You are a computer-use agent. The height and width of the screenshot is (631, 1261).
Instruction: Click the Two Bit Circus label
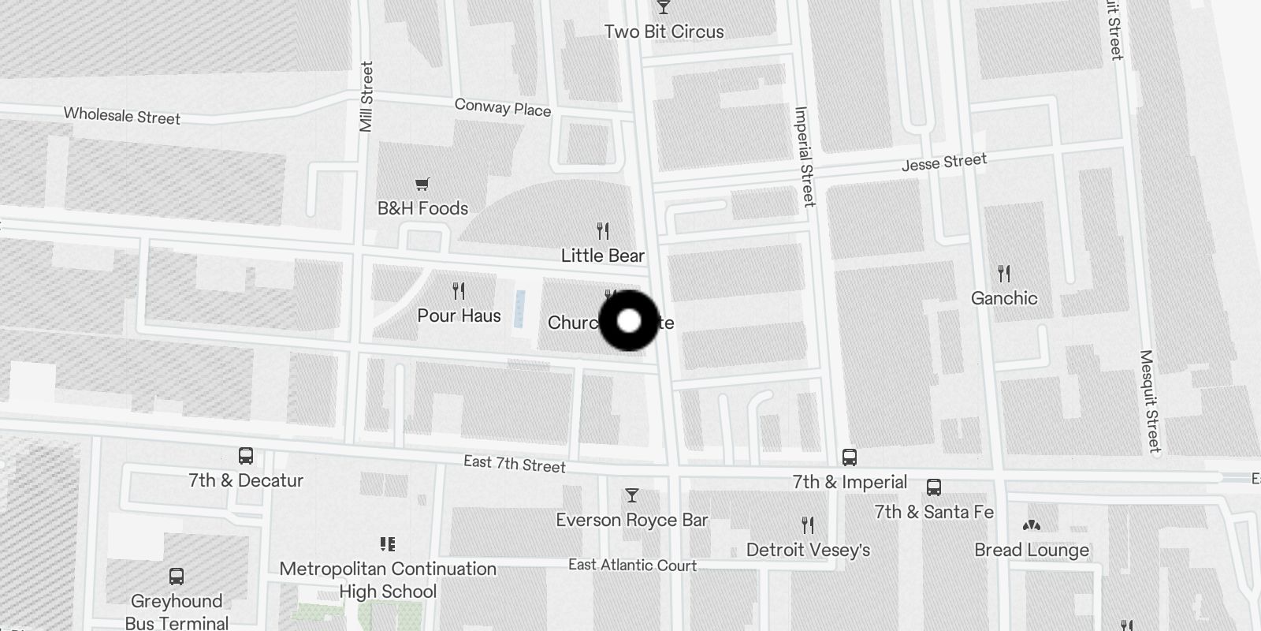pyautogui.click(x=664, y=32)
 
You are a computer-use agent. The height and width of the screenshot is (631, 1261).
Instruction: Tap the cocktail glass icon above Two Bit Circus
pyautogui.click(x=664, y=7)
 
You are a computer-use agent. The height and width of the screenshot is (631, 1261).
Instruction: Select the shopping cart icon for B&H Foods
pyautogui.click(x=422, y=185)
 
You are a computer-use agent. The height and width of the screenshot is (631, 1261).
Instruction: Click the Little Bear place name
pyautogui.click(x=603, y=256)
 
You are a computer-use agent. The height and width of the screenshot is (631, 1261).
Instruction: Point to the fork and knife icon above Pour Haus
pyautogui.click(x=459, y=291)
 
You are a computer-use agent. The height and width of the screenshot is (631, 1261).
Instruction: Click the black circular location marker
pyautogui.click(x=629, y=321)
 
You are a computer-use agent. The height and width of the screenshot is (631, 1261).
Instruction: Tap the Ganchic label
pyautogui.click(x=1004, y=298)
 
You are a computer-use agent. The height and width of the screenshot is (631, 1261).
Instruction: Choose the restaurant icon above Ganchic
pyautogui.click(x=1004, y=274)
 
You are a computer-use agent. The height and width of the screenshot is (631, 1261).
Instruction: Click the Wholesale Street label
pyautogui.click(x=122, y=116)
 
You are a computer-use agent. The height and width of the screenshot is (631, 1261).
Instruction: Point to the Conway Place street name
pyautogui.click(x=503, y=107)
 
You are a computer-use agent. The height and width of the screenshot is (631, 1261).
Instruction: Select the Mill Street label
pyautogui.click(x=366, y=97)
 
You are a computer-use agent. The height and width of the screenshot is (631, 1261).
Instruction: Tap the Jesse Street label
pyautogui.click(x=944, y=162)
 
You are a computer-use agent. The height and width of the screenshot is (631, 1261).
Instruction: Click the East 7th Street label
pyautogui.click(x=515, y=464)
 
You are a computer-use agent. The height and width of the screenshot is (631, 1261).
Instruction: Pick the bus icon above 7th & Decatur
pyautogui.click(x=246, y=456)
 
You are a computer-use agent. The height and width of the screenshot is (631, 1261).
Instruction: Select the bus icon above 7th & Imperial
pyautogui.click(x=850, y=457)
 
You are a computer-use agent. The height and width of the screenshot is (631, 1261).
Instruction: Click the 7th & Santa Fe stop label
pyautogui.click(x=934, y=512)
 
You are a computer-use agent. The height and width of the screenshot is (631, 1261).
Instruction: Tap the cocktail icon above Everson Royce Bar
pyautogui.click(x=631, y=495)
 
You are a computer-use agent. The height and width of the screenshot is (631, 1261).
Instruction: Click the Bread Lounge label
pyautogui.click(x=1032, y=550)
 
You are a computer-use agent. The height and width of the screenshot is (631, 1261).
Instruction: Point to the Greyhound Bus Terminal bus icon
pyautogui.click(x=177, y=577)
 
